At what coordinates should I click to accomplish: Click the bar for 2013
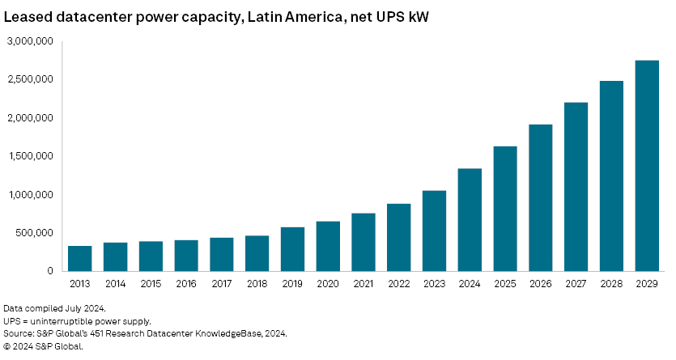79,258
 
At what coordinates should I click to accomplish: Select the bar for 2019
292,249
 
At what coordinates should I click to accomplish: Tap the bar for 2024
470,219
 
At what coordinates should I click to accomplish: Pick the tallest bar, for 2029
647,166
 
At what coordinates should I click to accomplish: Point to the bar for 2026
541,197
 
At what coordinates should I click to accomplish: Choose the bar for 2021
364,242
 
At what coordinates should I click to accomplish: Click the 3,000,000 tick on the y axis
30,41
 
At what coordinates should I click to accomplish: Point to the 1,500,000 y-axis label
30,156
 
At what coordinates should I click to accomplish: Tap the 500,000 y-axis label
36,233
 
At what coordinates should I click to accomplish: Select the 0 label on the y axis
50,272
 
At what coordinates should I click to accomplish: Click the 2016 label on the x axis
185,285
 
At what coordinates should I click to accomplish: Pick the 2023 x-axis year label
434,285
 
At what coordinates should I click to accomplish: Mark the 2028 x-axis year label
611,285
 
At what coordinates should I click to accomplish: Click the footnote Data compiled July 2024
55,308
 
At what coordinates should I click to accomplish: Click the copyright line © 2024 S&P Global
43,346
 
